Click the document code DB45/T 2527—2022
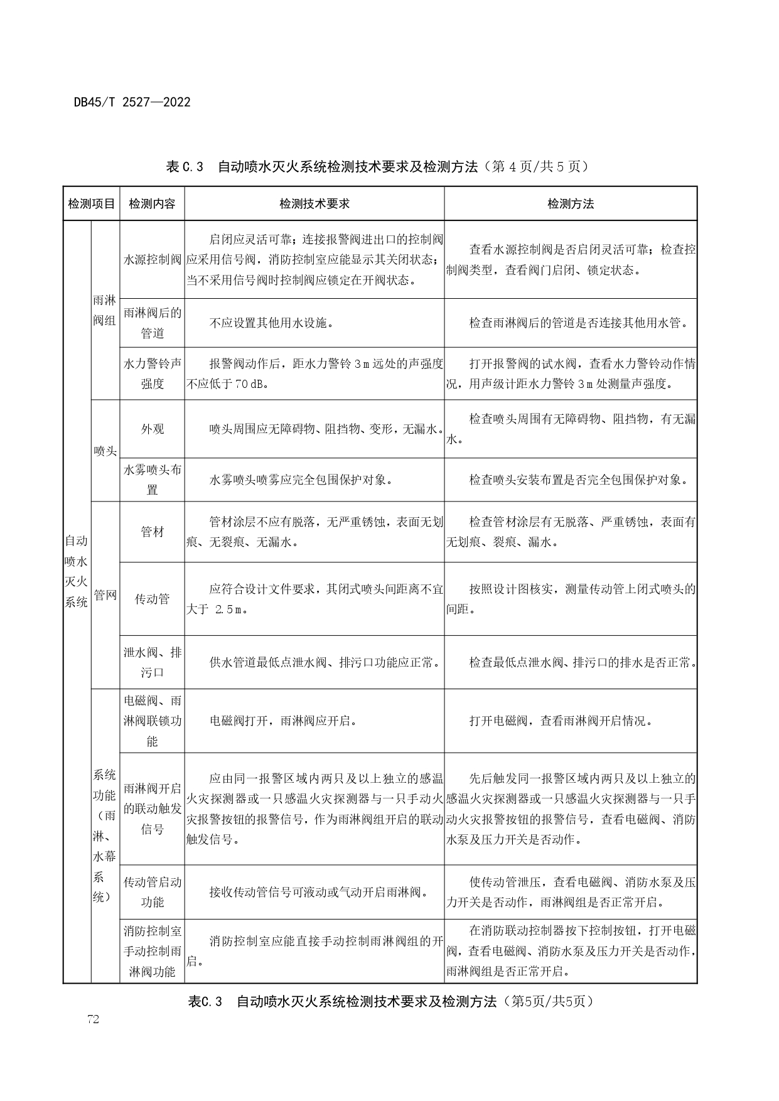(132, 102)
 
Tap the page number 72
(93, 1019)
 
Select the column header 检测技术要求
(314, 203)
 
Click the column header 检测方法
(570, 203)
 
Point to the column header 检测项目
(91, 203)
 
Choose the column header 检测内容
(152, 203)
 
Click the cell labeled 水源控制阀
(152, 259)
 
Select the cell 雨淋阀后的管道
(152, 323)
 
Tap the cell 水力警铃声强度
(152, 373)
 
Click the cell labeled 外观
(152, 429)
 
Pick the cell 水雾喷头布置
(152, 480)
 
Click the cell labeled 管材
(152, 532)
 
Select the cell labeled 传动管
(152, 599)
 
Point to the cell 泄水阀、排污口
(152, 662)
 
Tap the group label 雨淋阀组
(105, 311)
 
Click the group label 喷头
(105, 451)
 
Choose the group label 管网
(105, 594)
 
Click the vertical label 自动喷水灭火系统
(77, 571)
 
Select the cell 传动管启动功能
(152, 892)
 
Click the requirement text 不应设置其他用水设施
(271, 323)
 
